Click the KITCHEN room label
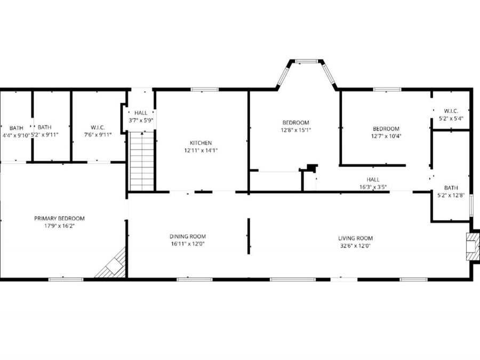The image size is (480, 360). click(x=201, y=143)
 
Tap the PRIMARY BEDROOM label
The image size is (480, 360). click(x=59, y=219)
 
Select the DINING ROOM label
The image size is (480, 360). click(x=188, y=236)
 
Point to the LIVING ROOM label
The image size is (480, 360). click(x=355, y=238)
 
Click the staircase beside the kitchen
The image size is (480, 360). click(x=142, y=161)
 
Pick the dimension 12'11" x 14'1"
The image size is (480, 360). click(x=201, y=150)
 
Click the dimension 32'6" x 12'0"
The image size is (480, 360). click(x=355, y=245)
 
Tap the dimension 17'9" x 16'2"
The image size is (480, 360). click(x=59, y=226)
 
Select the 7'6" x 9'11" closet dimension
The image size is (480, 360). click(x=98, y=135)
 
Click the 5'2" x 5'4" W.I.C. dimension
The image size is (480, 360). click(x=451, y=118)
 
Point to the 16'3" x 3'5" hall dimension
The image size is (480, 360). click(x=373, y=187)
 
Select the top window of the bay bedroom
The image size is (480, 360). click(x=307, y=61)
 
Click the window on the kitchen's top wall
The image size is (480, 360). click(x=205, y=90)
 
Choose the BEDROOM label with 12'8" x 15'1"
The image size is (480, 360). click(x=295, y=123)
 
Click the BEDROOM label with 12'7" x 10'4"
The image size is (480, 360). click(x=386, y=129)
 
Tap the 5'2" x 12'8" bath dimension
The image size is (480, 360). click(x=451, y=195)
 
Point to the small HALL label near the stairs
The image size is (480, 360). click(x=141, y=113)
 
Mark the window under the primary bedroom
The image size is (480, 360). click(x=66, y=279)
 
